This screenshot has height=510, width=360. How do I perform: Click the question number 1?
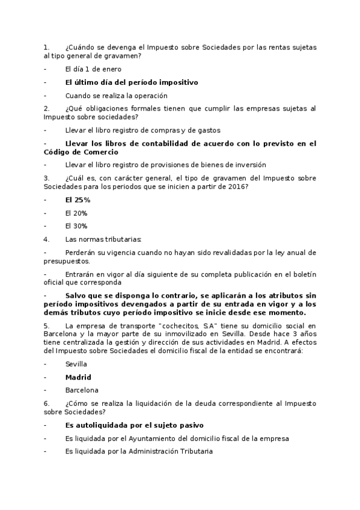tap(46, 47)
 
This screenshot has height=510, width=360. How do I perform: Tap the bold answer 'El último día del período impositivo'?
tap(131, 82)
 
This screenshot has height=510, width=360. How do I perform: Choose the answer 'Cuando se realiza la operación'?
tap(116, 95)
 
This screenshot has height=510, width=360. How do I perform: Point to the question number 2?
tap(46, 108)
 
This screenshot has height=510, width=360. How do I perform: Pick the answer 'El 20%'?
tap(76, 213)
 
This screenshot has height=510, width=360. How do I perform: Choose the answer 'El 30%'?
tap(76, 226)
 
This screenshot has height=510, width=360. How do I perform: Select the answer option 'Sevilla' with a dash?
tap(76, 364)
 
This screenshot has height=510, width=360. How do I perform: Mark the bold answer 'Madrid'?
tap(78, 377)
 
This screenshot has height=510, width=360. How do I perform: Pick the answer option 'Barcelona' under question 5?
tap(82, 390)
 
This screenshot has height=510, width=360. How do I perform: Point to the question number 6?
tap(46, 403)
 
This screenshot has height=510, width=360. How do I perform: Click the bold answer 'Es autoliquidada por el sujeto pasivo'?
tap(134, 425)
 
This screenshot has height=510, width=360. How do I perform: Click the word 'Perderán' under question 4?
tap(80, 252)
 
